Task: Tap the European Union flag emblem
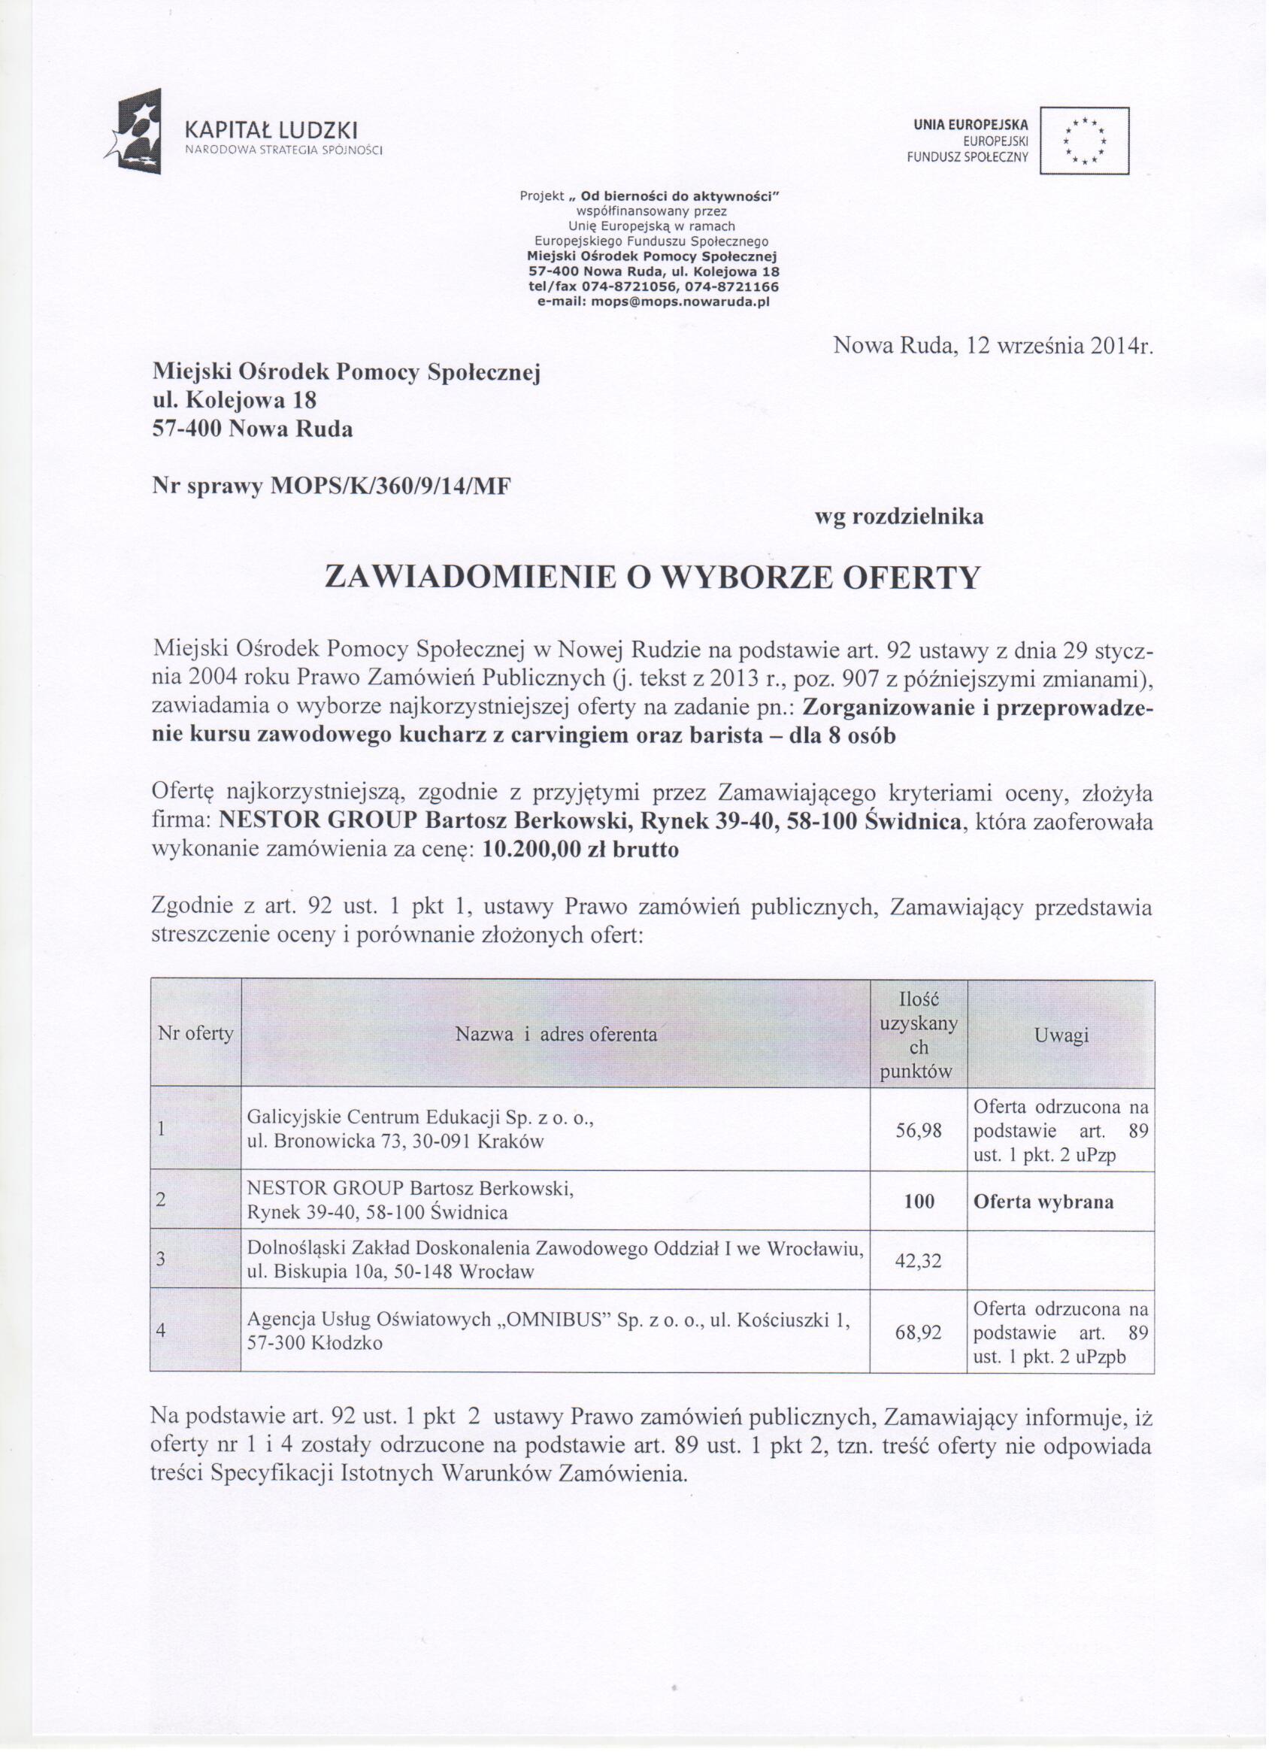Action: point(1083,141)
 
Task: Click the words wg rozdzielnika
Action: point(898,517)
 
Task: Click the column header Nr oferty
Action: point(195,1033)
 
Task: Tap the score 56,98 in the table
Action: point(919,1130)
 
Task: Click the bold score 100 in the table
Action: point(919,1201)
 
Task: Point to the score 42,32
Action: point(919,1261)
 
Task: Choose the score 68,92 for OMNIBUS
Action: point(919,1333)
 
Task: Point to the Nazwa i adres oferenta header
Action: point(556,1034)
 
